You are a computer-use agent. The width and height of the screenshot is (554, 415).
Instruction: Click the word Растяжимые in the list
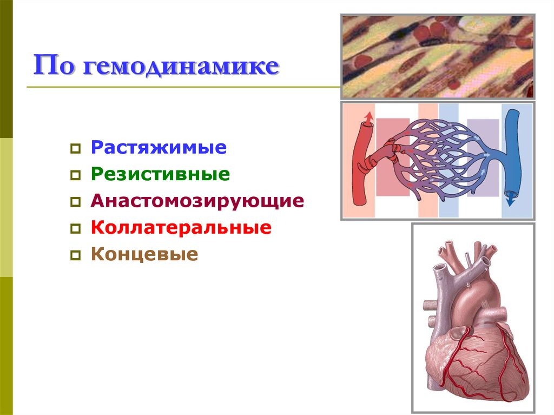click(159, 148)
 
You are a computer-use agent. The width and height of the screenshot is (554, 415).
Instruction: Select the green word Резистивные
click(160, 174)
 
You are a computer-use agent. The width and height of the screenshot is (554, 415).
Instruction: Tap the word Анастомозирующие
click(197, 201)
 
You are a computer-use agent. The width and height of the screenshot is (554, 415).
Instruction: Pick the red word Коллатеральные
click(181, 227)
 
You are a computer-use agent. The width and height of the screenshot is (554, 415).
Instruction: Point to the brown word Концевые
click(144, 254)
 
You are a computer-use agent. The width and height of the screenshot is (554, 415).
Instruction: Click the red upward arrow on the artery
click(368, 116)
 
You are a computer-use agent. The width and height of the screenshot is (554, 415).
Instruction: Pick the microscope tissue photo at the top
click(437, 56)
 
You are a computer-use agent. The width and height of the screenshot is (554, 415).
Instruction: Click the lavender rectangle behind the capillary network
click(483, 157)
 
